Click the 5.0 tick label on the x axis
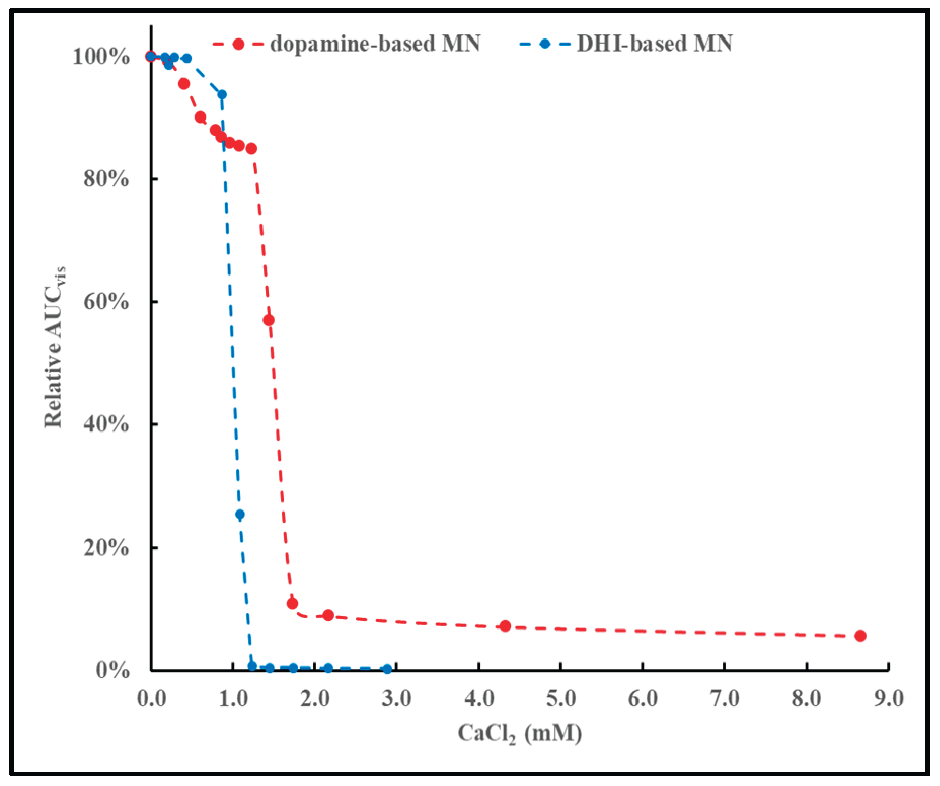pyautogui.click(x=561, y=699)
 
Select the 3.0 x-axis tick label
pyautogui.click(x=397, y=699)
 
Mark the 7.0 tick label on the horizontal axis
pyautogui.click(x=725, y=699)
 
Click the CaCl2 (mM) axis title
pyautogui.click(x=519, y=734)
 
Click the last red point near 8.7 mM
pyautogui.click(x=860, y=636)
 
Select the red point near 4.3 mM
pyautogui.click(x=505, y=626)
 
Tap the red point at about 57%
pyautogui.click(x=269, y=320)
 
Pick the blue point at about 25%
pyautogui.click(x=240, y=515)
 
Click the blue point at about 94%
pyautogui.click(x=222, y=94)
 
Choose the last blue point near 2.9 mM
pyautogui.click(x=388, y=669)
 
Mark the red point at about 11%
pyautogui.click(x=292, y=603)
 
